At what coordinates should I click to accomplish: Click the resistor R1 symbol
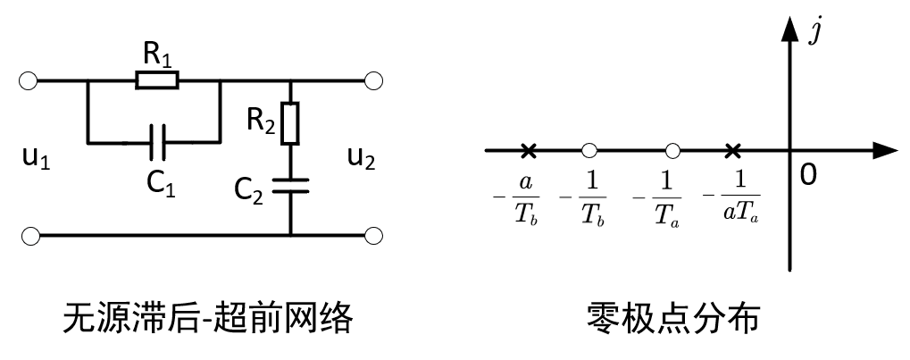[157, 81]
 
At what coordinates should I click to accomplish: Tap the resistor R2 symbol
[290, 123]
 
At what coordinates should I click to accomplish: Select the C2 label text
[251, 189]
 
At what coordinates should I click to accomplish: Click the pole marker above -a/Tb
[528, 150]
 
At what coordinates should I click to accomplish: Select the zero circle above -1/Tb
[589, 150]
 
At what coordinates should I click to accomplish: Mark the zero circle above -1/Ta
[672, 150]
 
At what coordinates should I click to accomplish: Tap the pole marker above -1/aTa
[732, 150]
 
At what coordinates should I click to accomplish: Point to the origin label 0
[807, 175]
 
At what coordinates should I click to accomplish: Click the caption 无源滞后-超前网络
[206, 319]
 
